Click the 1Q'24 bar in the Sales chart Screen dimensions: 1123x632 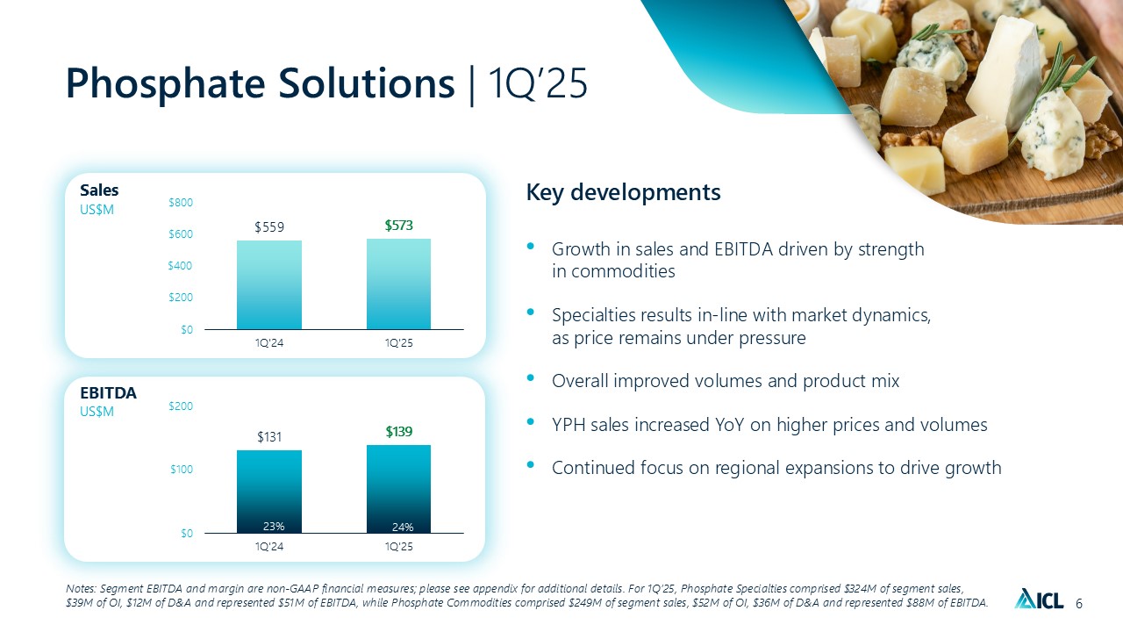269,285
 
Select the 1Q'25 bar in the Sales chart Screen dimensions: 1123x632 398,284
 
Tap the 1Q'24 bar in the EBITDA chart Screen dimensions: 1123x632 269,492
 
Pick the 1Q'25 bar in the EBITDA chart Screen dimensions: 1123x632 398,489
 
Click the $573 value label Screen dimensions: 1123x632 398,226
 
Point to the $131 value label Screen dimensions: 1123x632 269,437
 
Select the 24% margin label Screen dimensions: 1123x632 403,528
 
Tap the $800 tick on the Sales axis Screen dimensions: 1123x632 181,203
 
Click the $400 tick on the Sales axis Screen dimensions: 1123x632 181,266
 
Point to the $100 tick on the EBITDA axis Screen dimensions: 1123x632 182,470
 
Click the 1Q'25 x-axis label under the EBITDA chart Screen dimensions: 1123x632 399,547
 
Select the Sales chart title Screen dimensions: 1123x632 99,190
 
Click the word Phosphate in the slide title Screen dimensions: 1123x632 166,84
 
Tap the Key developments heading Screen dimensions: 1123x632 623,192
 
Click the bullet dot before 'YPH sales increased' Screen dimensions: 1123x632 531,422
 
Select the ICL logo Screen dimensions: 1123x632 1039,599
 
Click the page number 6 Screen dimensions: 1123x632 1079,604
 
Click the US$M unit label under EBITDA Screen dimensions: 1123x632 97,412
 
